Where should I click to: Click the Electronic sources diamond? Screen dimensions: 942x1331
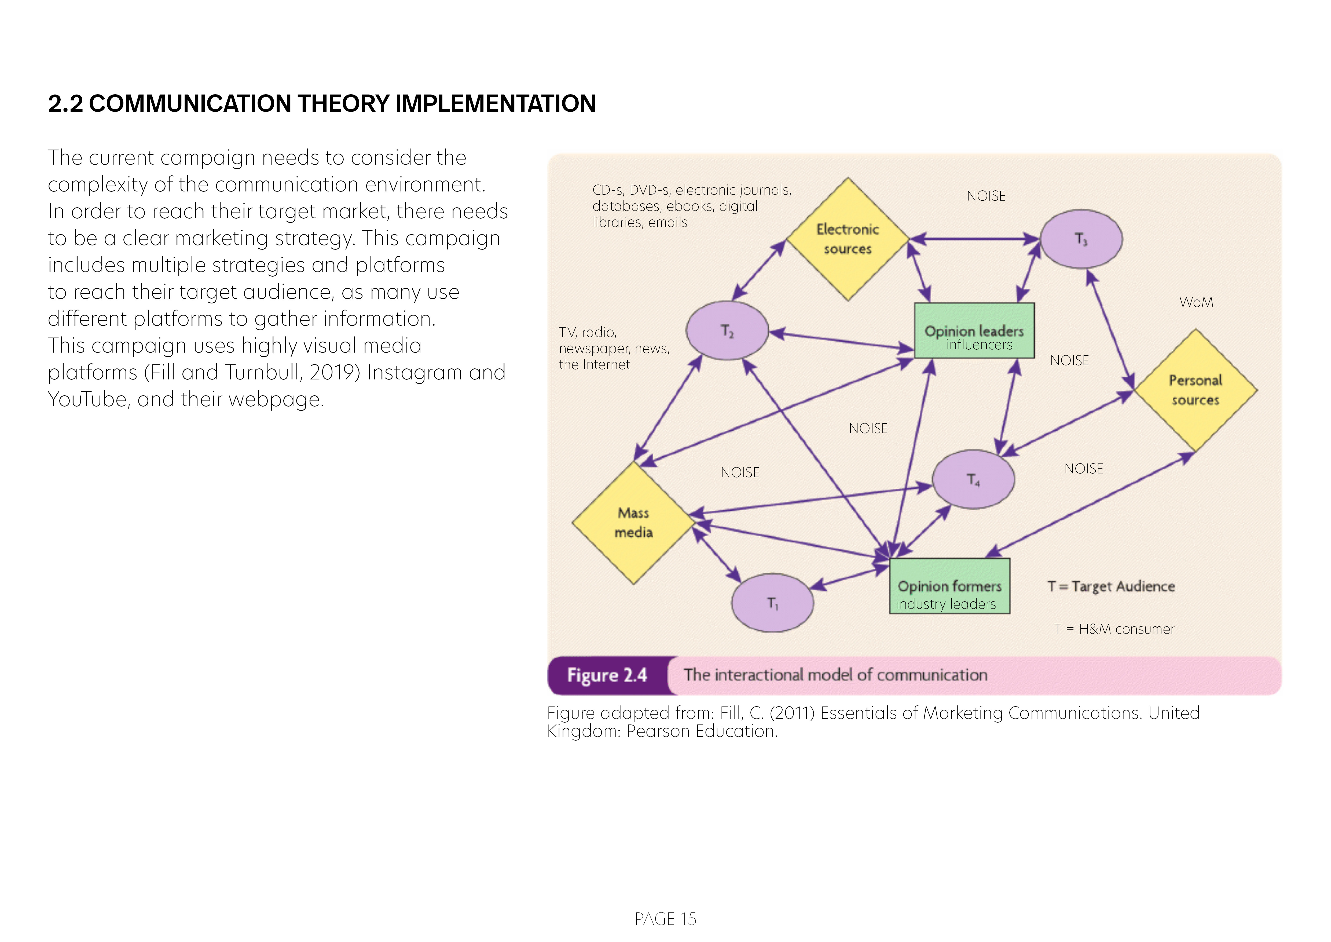[848, 239]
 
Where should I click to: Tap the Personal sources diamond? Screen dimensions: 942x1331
[1195, 390]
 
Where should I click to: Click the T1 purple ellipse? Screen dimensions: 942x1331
[772, 603]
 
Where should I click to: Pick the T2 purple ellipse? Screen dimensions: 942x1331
[727, 331]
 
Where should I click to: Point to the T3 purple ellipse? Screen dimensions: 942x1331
[1081, 239]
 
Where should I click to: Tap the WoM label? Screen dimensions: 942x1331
[1196, 302]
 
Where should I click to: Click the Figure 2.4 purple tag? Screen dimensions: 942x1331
[607, 675]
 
